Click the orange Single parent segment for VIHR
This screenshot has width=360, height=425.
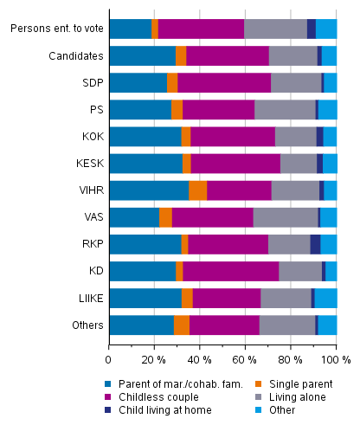(197, 190)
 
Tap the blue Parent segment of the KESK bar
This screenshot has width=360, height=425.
(145, 164)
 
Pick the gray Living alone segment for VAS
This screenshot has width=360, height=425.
(285, 217)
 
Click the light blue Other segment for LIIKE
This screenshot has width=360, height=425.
(325, 298)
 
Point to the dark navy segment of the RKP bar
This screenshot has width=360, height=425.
(315, 244)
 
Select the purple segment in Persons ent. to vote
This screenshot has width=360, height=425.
(201, 29)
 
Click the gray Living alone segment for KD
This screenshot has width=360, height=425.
(300, 271)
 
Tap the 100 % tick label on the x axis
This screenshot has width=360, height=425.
(334, 358)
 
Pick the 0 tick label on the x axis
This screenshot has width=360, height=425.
(109, 358)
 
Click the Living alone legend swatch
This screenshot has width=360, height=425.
(243, 396)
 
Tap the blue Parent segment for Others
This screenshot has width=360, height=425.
(141, 325)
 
